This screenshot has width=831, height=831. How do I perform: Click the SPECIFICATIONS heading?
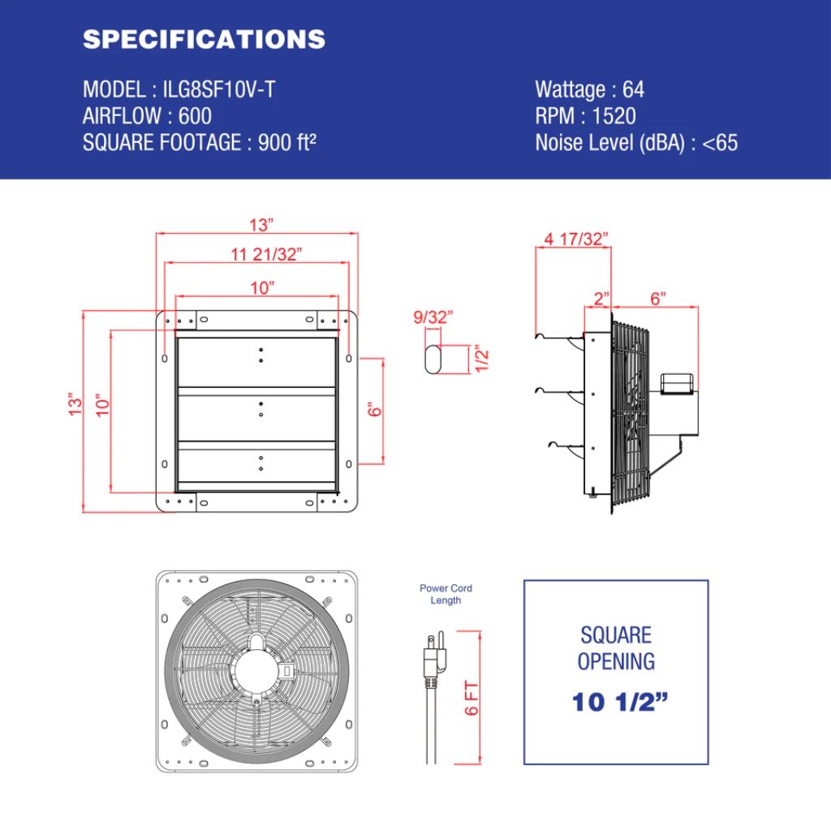click(x=204, y=39)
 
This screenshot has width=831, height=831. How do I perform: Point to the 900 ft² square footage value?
click(x=287, y=143)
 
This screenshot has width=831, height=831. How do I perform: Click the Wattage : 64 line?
click(x=589, y=90)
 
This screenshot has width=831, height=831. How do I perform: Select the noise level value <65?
click(x=720, y=143)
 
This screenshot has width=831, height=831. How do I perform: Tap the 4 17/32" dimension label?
click(x=576, y=239)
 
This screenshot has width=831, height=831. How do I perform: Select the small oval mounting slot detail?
click(x=433, y=358)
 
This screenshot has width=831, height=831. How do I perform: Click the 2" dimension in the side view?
click(x=601, y=299)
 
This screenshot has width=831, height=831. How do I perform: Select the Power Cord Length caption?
click(x=446, y=594)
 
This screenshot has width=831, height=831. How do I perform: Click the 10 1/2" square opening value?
click(x=616, y=703)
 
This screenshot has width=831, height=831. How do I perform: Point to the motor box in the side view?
click(x=679, y=383)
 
